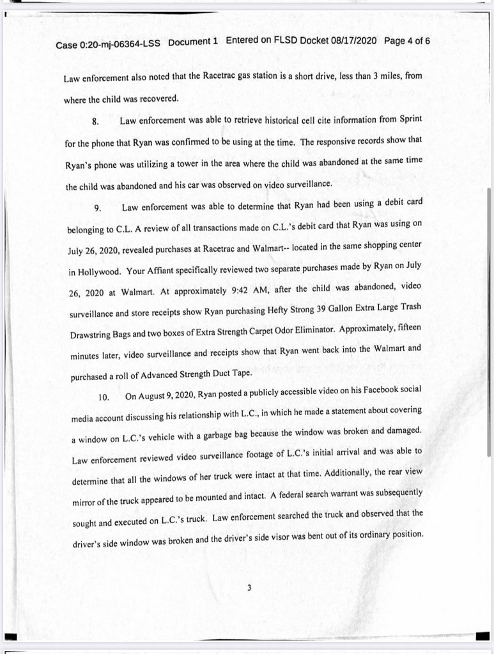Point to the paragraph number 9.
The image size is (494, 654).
coord(98,209)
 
